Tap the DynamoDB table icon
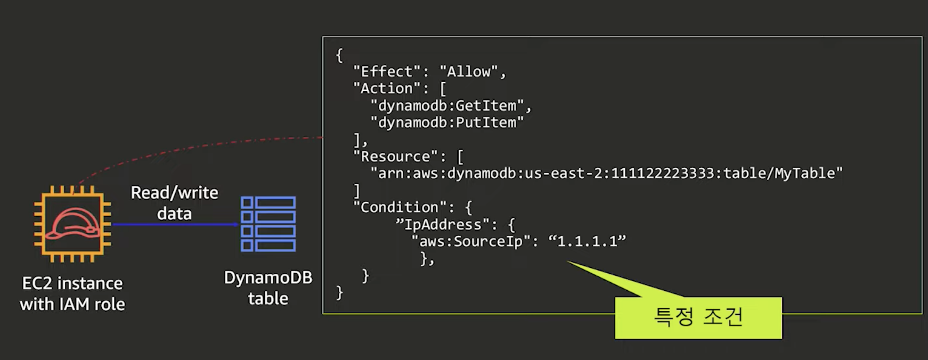click(268, 224)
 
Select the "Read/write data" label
click(174, 203)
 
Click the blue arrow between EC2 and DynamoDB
click(176, 224)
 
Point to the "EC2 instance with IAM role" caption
click(72, 293)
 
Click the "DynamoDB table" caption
click(268, 288)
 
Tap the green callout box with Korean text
click(698, 317)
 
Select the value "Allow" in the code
click(468, 71)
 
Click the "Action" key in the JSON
click(387, 88)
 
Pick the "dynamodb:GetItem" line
click(447, 105)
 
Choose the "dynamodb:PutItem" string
click(447, 122)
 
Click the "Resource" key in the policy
click(395, 157)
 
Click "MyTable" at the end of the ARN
click(804, 173)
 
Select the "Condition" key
click(400, 207)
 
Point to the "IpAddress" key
click(443, 224)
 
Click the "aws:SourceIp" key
click(471, 241)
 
